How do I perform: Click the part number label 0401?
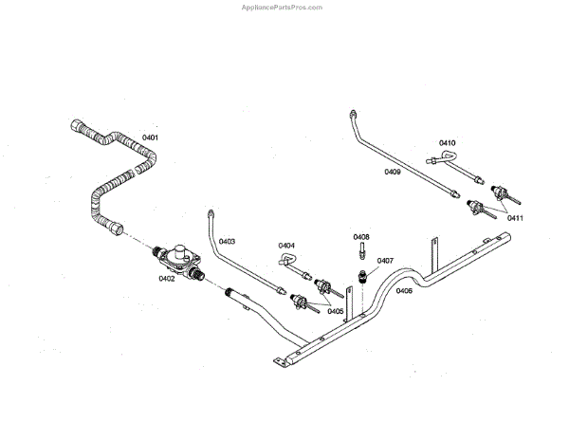[x=150, y=138]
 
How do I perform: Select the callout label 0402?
[x=167, y=279]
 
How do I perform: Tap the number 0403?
[x=227, y=242]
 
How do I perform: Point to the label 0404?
[x=286, y=246]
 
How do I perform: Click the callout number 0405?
[x=335, y=311]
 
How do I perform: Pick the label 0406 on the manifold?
[x=404, y=291]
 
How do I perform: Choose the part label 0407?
[x=385, y=260]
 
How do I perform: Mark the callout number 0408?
[x=361, y=236]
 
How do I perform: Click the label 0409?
[x=393, y=172]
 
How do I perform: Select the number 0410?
[x=448, y=143]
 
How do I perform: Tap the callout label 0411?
[x=515, y=218]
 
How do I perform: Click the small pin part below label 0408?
[x=361, y=251]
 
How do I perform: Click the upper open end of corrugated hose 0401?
[x=76, y=124]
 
